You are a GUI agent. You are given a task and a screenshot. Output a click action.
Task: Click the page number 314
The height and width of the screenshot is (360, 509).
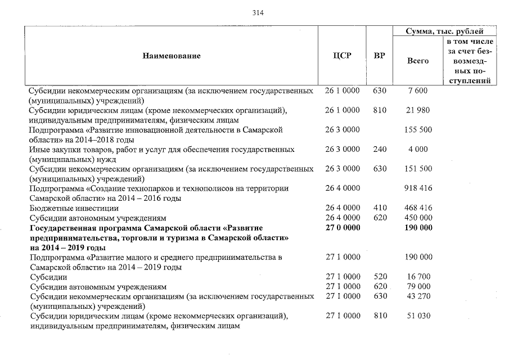[x=258, y=13]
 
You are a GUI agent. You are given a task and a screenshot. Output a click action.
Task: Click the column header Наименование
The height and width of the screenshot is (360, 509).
[x=171, y=56]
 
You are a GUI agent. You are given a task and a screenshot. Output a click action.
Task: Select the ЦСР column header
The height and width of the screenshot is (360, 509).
[x=343, y=56]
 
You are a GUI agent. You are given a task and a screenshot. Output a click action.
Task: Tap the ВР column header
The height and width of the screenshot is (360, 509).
[x=380, y=56]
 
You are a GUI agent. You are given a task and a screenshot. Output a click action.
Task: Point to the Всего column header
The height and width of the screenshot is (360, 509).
[x=418, y=61]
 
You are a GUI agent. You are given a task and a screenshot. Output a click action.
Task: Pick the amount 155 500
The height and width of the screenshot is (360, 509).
[x=418, y=130]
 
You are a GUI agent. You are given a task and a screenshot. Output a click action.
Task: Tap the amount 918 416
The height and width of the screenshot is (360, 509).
[x=418, y=188]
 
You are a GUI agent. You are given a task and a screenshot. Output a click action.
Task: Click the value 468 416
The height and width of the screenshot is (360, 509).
[x=418, y=208]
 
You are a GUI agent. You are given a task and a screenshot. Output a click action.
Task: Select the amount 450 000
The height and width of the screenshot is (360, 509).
[x=418, y=218]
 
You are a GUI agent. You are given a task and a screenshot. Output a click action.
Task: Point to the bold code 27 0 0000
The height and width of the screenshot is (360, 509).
[x=343, y=228]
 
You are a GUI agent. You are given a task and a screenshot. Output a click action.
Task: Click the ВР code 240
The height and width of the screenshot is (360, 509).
[x=380, y=150]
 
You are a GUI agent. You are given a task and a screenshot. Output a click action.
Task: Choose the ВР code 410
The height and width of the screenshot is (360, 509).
[x=380, y=208]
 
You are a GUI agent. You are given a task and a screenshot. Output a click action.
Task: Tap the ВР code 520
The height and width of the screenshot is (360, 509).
[x=380, y=277]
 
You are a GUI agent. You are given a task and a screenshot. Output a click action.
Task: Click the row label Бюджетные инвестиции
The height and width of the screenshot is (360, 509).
[x=74, y=208]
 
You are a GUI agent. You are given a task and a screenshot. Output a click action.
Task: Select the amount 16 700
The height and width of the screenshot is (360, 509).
[x=418, y=277]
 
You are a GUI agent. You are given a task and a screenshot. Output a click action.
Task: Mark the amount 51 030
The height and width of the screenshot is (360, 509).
[x=418, y=316]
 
